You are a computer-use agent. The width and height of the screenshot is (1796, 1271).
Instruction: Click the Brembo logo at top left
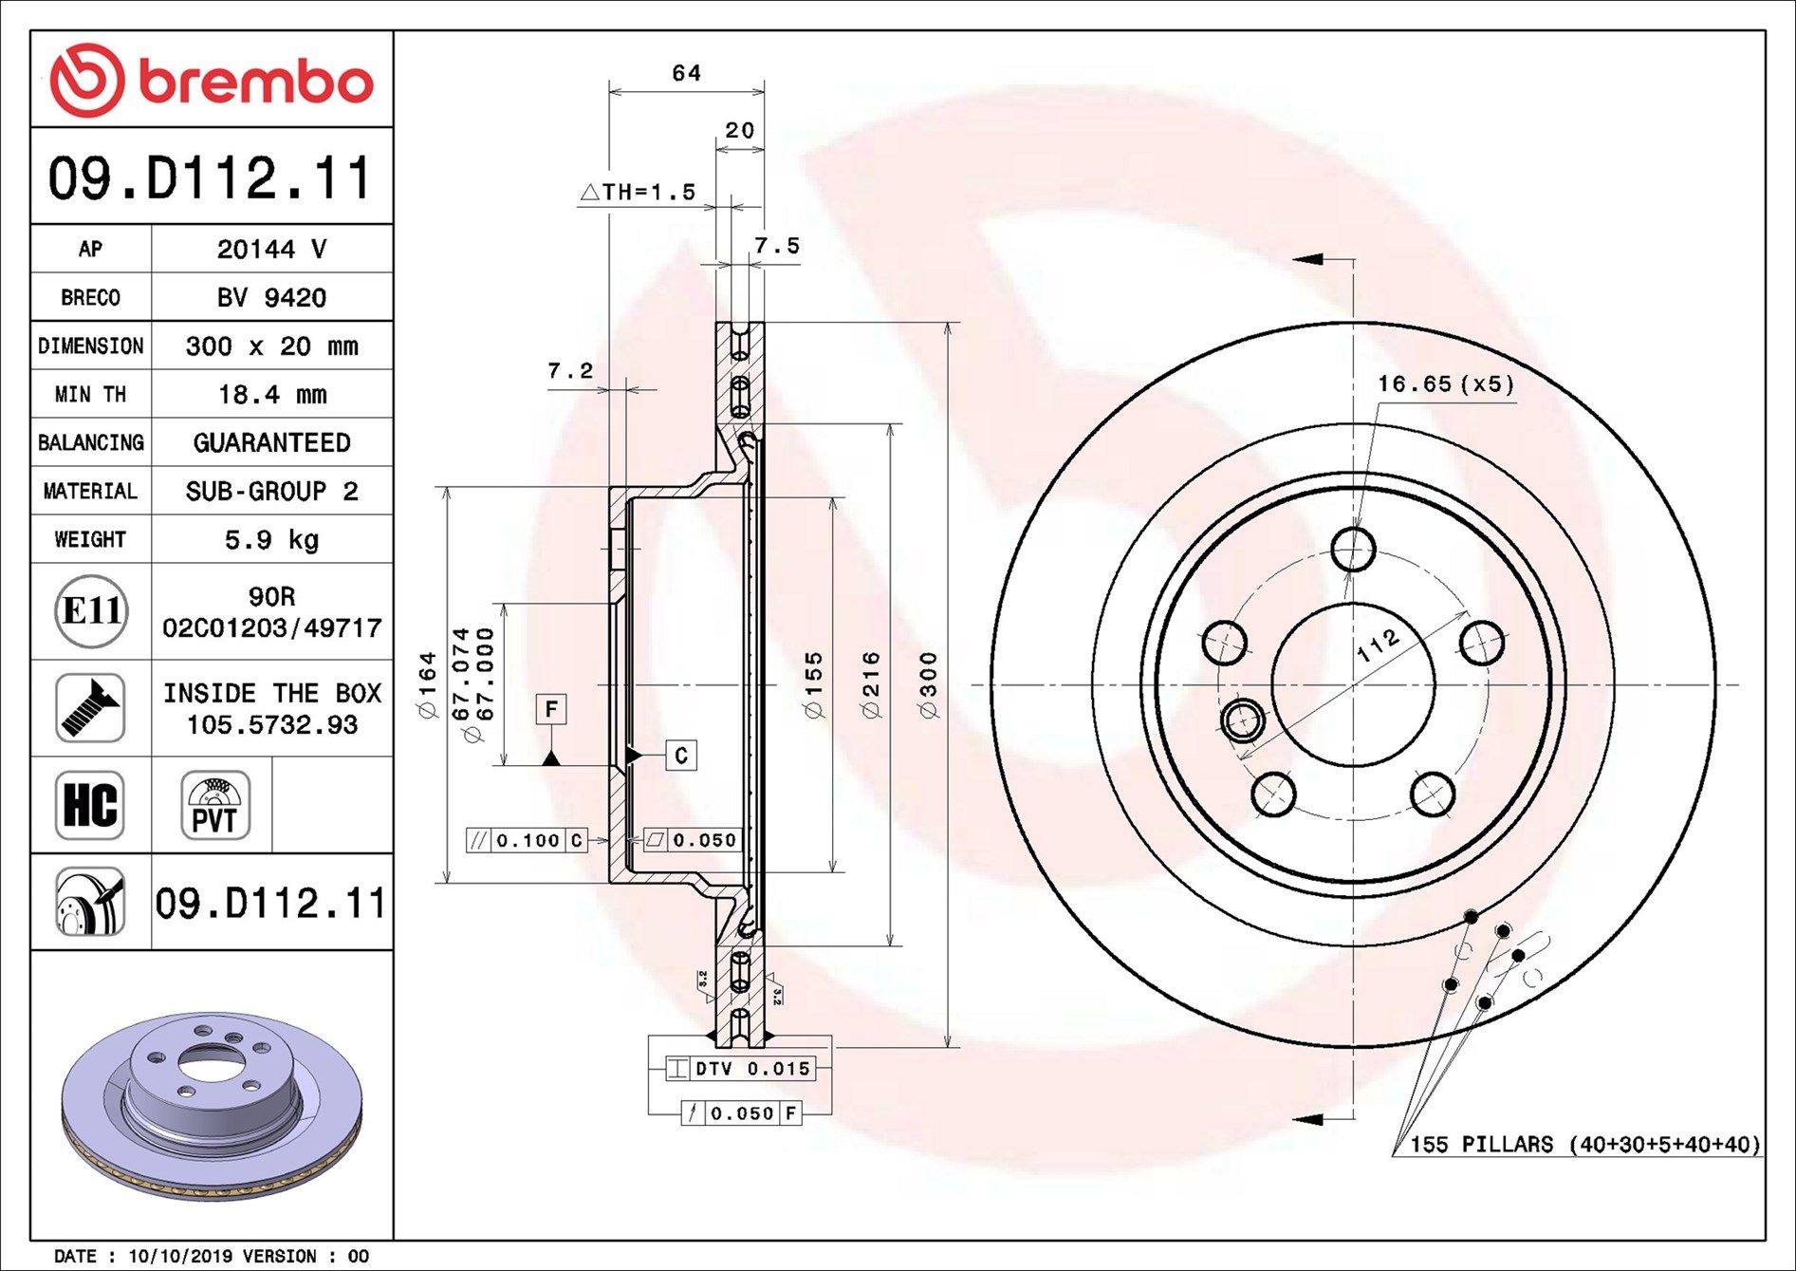pos(211,81)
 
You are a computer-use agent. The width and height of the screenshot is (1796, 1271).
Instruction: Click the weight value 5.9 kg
pos(271,540)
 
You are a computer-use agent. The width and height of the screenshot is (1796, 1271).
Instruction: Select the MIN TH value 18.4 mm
pos(271,395)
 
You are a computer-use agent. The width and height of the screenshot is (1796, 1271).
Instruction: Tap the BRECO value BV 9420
pos(271,298)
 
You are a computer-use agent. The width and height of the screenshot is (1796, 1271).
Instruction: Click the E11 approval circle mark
pos(91,611)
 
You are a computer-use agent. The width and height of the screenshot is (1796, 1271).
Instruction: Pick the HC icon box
pos(90,805)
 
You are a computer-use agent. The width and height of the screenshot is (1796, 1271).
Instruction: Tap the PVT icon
pos(215,806)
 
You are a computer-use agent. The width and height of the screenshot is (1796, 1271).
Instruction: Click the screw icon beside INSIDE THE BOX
pos(90,708)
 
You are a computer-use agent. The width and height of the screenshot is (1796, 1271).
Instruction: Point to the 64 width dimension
pos(686,74)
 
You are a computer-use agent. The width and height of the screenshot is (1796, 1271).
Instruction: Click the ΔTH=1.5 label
pos(638,193)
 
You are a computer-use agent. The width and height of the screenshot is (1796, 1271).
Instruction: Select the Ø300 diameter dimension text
pos(929,685)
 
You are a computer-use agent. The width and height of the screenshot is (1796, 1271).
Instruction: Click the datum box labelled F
pos(551,709)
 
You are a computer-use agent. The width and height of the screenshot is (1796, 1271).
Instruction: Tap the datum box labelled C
pos(681,756)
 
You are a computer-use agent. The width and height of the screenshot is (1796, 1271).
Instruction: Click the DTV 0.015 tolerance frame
pos(740,1069)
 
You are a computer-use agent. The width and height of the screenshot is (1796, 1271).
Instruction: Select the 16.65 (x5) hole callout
pos(1445,384)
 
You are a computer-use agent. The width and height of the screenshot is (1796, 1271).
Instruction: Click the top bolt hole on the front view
pos(1353,549)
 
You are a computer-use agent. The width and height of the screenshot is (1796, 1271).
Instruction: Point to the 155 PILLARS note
pos(1583,1145)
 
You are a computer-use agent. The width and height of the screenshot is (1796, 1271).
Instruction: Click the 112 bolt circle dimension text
pos(1378,645)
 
